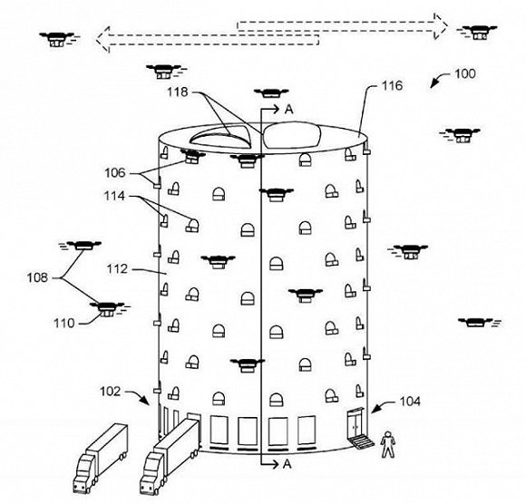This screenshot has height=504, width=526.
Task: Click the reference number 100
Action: pyautogui.click(x=464, y=73)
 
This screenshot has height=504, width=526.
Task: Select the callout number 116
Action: pyautogui.click(x=392, y=86)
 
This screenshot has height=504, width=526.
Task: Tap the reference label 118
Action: pyautogui.click(x=178, y=92)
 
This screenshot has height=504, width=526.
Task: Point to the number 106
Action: pyautogui.click(x=115, y=173)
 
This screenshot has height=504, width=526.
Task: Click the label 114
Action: pyautogui.click(x=114, y=196)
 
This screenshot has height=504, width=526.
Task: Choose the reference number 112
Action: pyautogui.click(x=117, y=269)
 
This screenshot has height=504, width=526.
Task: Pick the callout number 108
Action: pyautogui.click(x=37, y=277)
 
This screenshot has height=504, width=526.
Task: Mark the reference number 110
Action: pyautogui.click(x=64, y=324)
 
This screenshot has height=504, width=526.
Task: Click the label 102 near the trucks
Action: pyautogui.click(x=110, y=392)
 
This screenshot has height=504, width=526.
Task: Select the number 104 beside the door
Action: pyautogui.click(x=410, y=401)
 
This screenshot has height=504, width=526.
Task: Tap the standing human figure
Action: pyautogui.click(x=387, y=444)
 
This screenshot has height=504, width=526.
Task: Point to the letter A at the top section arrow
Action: pyautogui.click(x=288, y=110)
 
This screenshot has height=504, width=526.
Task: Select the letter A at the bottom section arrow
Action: pyautogui.click(x=287, y=464)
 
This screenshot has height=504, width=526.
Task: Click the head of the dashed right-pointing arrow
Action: pyautogui.click(x=441, y=26)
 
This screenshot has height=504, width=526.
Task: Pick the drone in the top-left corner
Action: pyautogui.click(x=57, y=39)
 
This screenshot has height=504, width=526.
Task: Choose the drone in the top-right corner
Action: pyautogui.click(x=476, y=33)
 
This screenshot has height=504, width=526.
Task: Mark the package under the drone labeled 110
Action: pyautogui.click(x=106, y=314)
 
